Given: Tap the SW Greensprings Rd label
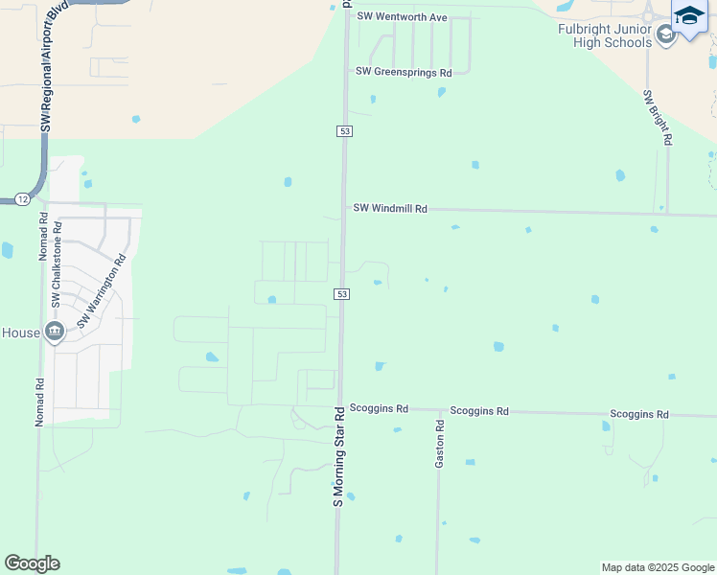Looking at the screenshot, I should click(x=403, y=72).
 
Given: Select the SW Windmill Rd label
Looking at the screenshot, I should click(x=389, y=208).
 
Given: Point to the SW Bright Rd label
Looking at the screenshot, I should click(x=658, y=117).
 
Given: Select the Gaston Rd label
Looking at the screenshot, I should click(x=440, y=444).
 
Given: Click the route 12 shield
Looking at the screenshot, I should click(x=22, y=199).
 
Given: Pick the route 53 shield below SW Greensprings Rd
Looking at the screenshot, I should click(x=343, y=130).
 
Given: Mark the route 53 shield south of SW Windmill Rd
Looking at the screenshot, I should click(x=341, y=293).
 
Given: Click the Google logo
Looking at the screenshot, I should click(x=32, y=563).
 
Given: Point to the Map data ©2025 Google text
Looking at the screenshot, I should click(x=658, y=567).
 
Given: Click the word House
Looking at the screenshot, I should click(x=21, y=333).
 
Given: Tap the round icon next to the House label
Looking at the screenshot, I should click(x=55, y=332).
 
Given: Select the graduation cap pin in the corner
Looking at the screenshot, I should click(x=690, y=17).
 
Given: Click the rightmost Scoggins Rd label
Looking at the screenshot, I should click(x=638, y=414).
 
